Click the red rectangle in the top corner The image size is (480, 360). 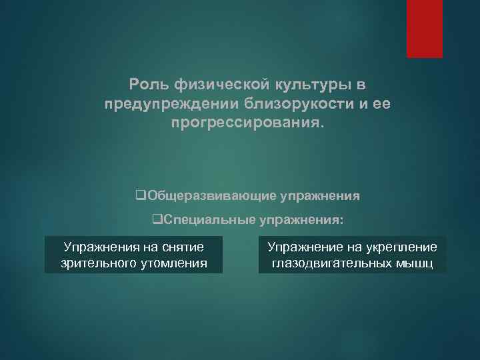pyautogui.click(x=425, y=28)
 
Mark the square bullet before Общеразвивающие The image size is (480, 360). pyautogui.click(x=139, y=197)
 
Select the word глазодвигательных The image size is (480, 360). pyautogui.click(x=327, y=264)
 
